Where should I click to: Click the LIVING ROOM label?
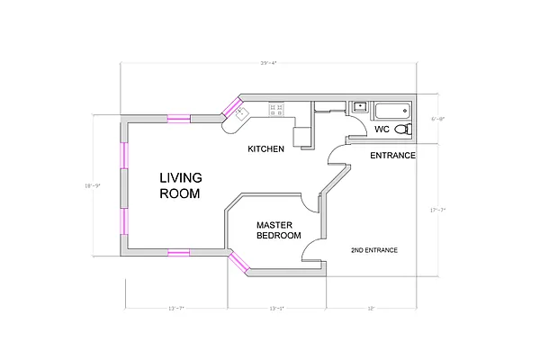coord(181,185)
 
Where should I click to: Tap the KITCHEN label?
coord(266,148)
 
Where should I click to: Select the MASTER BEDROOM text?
coord(278,230)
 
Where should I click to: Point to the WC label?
coord(382,130)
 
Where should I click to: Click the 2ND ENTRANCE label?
coord(373,249)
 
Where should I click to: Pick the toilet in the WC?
coord(401,130)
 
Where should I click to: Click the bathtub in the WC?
coord(390,111)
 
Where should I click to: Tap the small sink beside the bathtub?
coord(360,106)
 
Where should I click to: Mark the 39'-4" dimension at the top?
coord(267,63)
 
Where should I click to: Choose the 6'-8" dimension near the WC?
coord(437,119)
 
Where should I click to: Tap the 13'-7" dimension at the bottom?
coord(177,309)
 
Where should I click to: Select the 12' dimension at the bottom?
coord(370,309)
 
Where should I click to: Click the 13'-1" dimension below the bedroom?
coord(277,309)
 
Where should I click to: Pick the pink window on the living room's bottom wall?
coord(177,252)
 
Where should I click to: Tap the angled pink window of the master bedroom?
coord(239,262)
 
